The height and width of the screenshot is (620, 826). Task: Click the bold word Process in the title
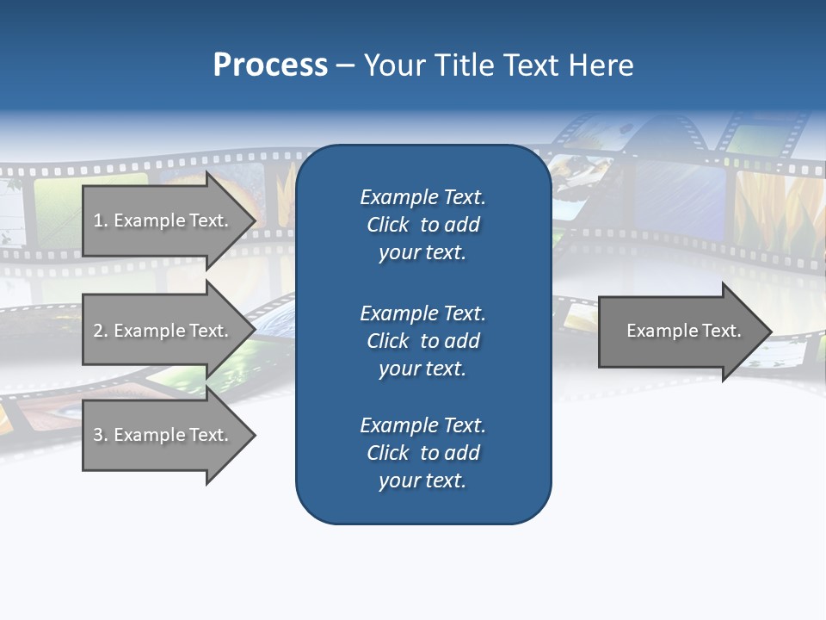pos(270,65)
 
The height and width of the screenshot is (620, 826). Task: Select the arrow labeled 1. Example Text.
pos(163,220)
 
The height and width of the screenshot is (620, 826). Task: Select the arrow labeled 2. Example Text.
pos(163,331)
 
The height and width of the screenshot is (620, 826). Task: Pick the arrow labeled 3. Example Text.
pos(163,435)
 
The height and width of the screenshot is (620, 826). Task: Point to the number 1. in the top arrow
pos(101,220)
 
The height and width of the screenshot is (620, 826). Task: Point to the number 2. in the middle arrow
pos(101,331)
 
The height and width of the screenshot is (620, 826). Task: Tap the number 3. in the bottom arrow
pos(101,435)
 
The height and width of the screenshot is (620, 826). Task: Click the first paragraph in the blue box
pos(422,225)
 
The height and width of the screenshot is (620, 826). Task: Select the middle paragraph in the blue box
pos(422,341)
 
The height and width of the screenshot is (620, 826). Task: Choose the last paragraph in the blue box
pos(422,453)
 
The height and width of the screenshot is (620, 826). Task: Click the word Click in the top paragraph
pos(387,225)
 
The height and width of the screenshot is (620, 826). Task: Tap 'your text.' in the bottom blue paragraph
pos(422,480)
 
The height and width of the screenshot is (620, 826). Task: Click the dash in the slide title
pos(345,65)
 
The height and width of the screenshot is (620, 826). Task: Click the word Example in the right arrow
pos(656,331)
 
